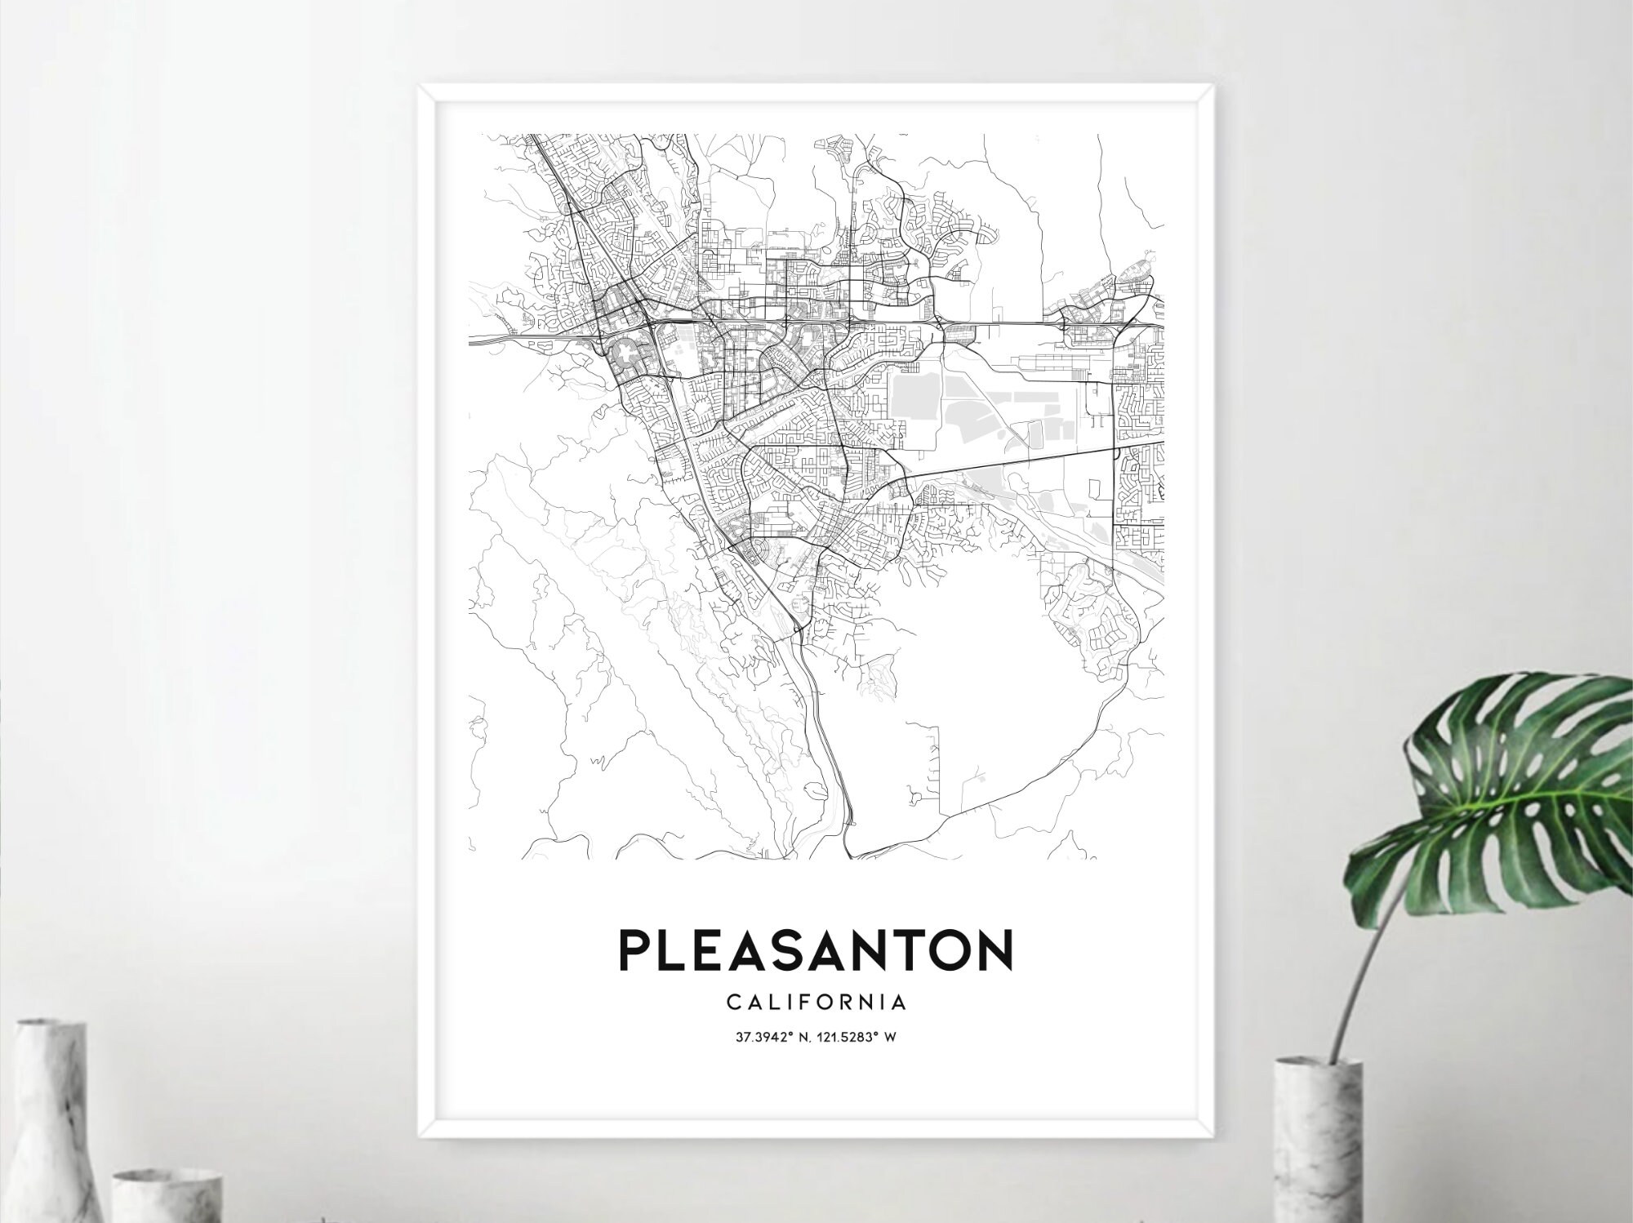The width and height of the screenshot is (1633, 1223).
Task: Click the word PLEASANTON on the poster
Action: (x=816, y=949)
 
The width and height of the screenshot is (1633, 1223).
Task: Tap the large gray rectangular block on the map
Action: (x=913, y=399)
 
